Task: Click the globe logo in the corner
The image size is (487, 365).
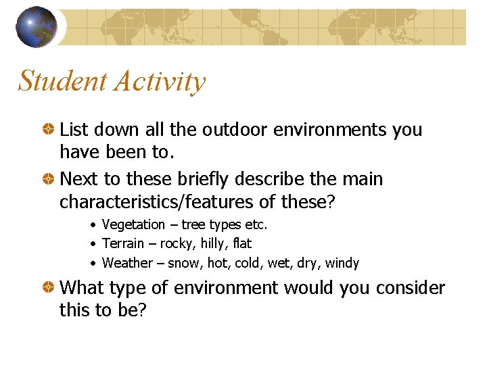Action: click(36, 27)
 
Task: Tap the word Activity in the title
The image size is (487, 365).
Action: click(160, 81)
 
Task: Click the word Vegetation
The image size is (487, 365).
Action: click(133, 225)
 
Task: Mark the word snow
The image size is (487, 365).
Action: click(183, 263)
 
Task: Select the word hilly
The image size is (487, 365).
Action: click(215, 243)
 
